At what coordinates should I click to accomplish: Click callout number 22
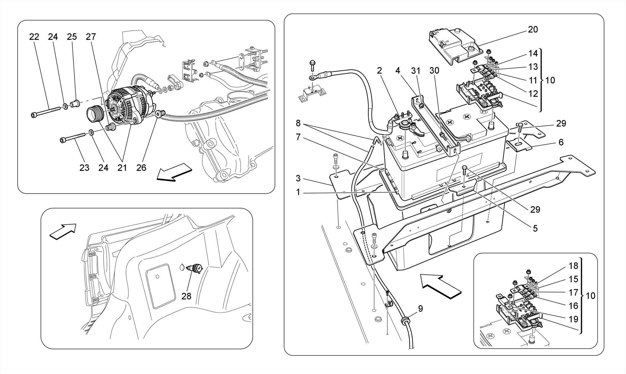click(34, 37)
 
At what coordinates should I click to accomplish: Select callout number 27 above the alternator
click(91, 37)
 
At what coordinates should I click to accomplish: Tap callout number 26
click(141, 168)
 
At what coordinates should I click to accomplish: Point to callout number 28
click(186, 296)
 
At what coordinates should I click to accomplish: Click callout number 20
click(533, 30)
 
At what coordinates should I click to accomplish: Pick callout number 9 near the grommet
click(421, 309)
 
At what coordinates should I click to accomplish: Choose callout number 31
click(416, 71)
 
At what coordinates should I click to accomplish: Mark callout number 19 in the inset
click(573, 319)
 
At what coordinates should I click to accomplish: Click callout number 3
click(298, 178)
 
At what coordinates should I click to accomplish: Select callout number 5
click(535, 228)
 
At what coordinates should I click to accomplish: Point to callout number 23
click(84, 168)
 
